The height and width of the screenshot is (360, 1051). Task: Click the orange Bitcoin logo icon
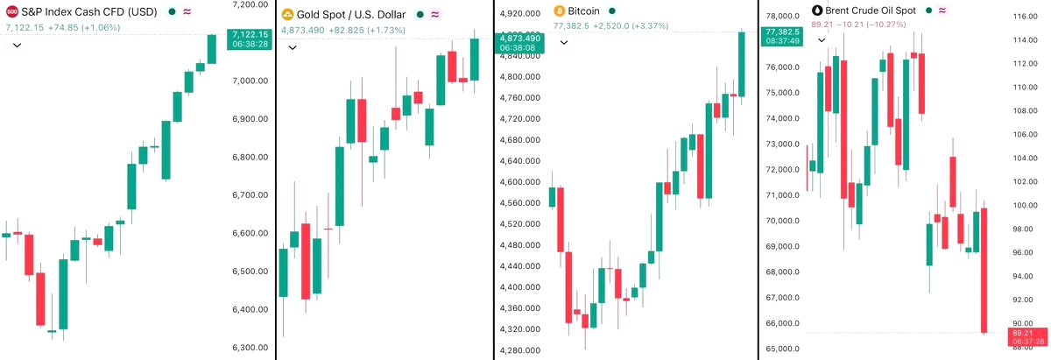(x=559, y=11)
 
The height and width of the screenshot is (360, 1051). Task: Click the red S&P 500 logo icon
(x=11, y=11)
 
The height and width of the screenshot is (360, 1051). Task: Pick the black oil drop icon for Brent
(x=818, y=10)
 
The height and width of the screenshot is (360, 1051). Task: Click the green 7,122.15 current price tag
(x=249, y=39)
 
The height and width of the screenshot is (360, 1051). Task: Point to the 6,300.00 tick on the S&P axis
(x=250, y=347)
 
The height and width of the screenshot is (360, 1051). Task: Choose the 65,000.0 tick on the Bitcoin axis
(x=782, y=349)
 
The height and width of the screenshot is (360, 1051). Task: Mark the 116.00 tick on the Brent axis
(x=1025, y=17)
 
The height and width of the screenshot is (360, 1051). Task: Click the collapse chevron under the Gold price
(x=293, y=47)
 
